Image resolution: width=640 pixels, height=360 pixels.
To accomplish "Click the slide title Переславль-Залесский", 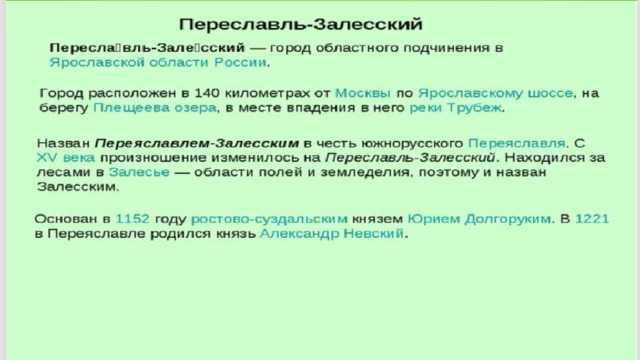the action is tap(301, 24).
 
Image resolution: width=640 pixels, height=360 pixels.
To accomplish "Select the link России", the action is tap(240, 62).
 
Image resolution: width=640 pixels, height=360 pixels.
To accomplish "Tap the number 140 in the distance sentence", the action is tap(207, 93).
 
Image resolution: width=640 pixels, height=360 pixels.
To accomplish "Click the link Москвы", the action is tap(363, 93).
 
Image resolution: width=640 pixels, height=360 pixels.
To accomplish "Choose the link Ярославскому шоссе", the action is tap(496, 93).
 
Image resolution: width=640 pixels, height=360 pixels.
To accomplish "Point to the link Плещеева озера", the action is tap(155, 108).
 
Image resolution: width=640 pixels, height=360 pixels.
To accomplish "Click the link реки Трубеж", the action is tap(456, 108).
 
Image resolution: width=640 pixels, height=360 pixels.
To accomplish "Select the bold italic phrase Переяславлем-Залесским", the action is tap(197, 143).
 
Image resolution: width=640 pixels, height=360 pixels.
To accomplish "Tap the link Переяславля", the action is tap(517, 143).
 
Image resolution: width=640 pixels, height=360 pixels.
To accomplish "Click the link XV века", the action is tap(66, 158).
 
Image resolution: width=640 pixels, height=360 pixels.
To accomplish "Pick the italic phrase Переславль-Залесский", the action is tap(410, 158).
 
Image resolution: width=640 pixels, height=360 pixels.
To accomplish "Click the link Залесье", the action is tap(139, 172).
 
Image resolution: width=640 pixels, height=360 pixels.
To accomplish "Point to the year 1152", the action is tap(133, 219).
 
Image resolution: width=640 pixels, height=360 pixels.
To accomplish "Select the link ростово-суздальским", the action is tap(269, 219).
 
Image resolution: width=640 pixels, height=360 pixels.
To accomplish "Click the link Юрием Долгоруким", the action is tap(479, 219).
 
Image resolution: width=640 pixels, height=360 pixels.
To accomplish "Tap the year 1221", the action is tap(592, 219).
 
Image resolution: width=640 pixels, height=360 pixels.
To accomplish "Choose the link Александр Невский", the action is tap(332, 234).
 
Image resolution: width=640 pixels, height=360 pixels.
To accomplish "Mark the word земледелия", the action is tap(365, 173).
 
